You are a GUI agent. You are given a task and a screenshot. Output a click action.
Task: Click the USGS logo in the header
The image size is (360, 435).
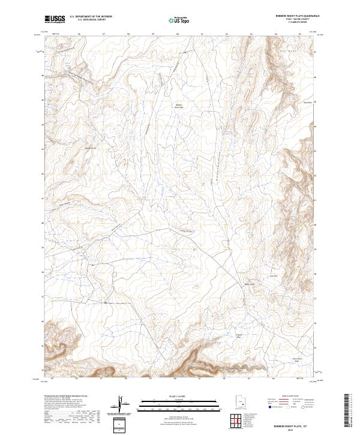[x=55, y=19]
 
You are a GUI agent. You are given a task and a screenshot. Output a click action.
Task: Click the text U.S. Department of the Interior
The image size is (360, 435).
[x=91, y=17]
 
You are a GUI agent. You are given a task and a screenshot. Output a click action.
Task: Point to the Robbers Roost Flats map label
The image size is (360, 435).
[x=178, y=107]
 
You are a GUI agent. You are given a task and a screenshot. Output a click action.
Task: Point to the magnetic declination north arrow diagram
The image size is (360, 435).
[x=123, y=404]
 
